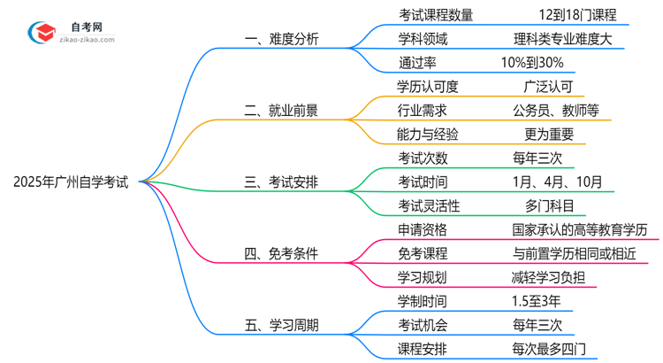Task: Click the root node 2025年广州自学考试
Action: [x=71, y=182]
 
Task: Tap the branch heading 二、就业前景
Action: [x=282, y=111]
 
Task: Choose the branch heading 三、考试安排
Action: [x=282, y=182]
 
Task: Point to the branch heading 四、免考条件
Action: [x=282, y=254]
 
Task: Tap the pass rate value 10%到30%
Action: [x=531, y=63]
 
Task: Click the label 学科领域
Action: [x=423, y=39]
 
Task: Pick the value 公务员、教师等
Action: [x=555, y=111]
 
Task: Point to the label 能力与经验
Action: [x=429, y=135]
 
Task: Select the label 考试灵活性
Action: [x=429, y=206]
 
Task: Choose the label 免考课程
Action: [x=423, y=254]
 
